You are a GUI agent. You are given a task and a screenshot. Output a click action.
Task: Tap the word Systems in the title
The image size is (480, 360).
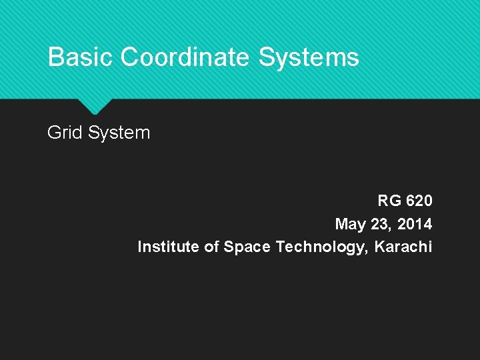308,57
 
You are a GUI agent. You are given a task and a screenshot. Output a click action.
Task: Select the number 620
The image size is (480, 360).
419,201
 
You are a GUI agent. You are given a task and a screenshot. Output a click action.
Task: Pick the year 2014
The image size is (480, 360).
415,223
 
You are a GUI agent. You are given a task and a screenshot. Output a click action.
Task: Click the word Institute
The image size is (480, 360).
167,247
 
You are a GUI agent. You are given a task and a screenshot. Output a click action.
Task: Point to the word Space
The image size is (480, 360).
247,247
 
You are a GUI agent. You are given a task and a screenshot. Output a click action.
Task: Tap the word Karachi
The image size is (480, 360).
403,247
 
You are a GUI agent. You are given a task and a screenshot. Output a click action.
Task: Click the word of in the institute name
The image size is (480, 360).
211,247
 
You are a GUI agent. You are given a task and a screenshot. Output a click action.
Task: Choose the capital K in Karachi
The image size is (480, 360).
379,247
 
